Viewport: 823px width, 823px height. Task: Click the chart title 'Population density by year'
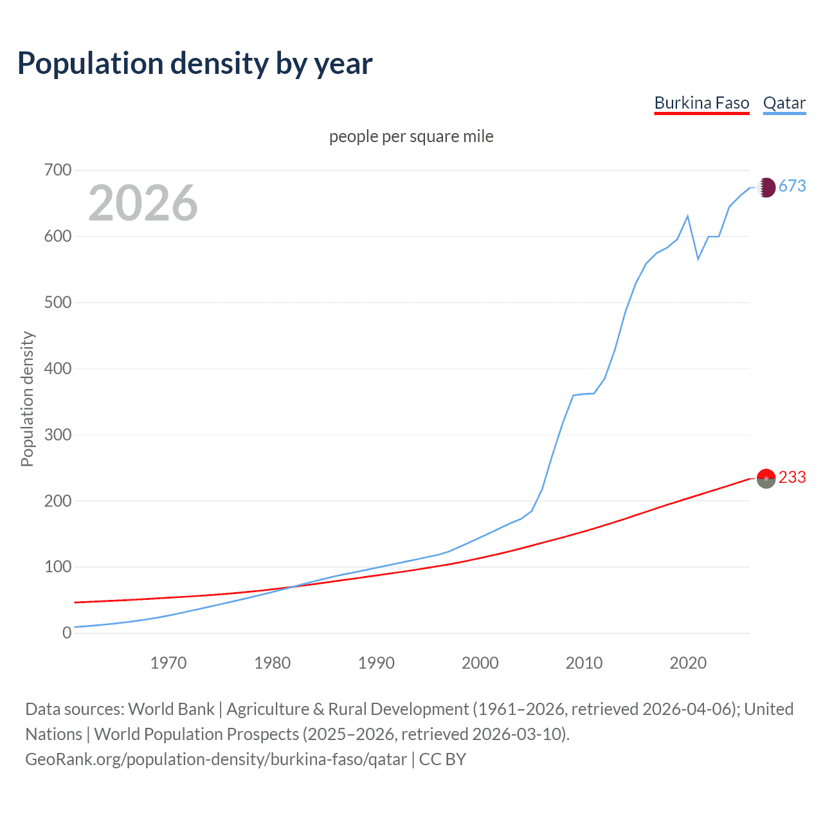(195, 64)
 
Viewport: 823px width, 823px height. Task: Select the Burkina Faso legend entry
(701, 103)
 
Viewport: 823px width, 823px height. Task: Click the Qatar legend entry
(784, 103)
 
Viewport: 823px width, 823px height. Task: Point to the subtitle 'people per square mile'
(411, 136)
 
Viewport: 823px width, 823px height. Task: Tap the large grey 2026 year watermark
(143, 203)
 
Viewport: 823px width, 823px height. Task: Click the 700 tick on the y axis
(58, 170)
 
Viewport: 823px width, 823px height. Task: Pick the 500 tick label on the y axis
(58, 302)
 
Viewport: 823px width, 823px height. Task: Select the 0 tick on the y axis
(67, 633)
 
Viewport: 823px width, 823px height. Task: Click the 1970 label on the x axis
(168, 663)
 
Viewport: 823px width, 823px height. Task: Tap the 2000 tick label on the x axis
(480, 663)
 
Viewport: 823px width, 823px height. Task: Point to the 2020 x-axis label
(688, 663)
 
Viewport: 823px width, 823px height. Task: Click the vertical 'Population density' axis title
(27, 399)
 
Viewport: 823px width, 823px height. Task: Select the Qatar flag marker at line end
(766, 187)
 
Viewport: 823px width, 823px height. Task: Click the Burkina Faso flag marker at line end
(766, 478)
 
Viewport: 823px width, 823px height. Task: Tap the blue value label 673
(792, 186)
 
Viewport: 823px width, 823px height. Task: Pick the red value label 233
(792, 477)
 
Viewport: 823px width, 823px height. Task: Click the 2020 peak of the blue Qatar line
(688, 216)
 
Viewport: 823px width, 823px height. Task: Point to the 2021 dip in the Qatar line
(698, 259)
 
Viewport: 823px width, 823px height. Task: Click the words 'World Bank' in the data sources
(171, 709)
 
